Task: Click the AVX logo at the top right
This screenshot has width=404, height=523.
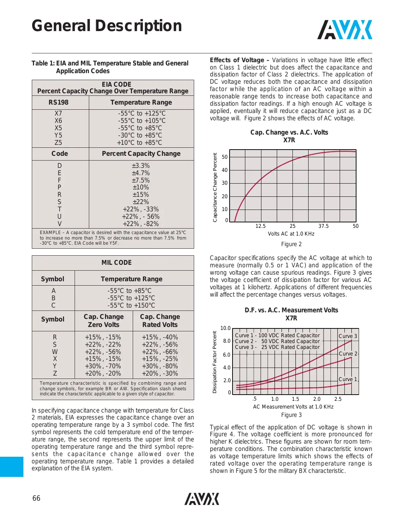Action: [x=344, y=30]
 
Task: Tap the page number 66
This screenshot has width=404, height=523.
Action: [x=36, y=498]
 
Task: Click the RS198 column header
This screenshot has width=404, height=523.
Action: [x=58, y=102]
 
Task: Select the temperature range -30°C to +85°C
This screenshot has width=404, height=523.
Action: [x=140, y=135]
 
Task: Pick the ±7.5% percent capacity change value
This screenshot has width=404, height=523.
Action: [x=141, y=180]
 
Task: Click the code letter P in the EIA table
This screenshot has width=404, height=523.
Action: [x=59, y=187]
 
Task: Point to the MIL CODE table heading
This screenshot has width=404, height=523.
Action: [x=116, y=263]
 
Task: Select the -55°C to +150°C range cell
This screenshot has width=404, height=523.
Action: [x=131, y=305]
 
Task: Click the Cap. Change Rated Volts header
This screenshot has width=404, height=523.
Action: [x=160, y=321]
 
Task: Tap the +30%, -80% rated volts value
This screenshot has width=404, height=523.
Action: [x=160, y=366]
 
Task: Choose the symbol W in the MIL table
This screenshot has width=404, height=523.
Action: [x=54, y=352]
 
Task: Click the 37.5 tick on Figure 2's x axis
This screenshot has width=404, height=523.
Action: [x=323, y=226]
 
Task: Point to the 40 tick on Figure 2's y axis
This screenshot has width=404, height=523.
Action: [x=224, y=170]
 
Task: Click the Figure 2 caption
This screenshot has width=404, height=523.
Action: [x=291, y=244]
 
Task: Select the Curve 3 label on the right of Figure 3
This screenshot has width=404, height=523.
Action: [x=347, y=336]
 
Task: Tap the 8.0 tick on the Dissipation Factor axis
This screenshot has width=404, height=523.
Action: [x=227, y=341]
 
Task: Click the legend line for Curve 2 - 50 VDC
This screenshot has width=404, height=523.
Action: [x=277, y=341]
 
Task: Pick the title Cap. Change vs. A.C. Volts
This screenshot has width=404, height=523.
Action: [x=289, y=132]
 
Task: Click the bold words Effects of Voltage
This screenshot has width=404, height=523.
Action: [x=237, y=60]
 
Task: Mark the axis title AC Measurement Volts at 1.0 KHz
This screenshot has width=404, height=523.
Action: [x=293, y=407]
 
